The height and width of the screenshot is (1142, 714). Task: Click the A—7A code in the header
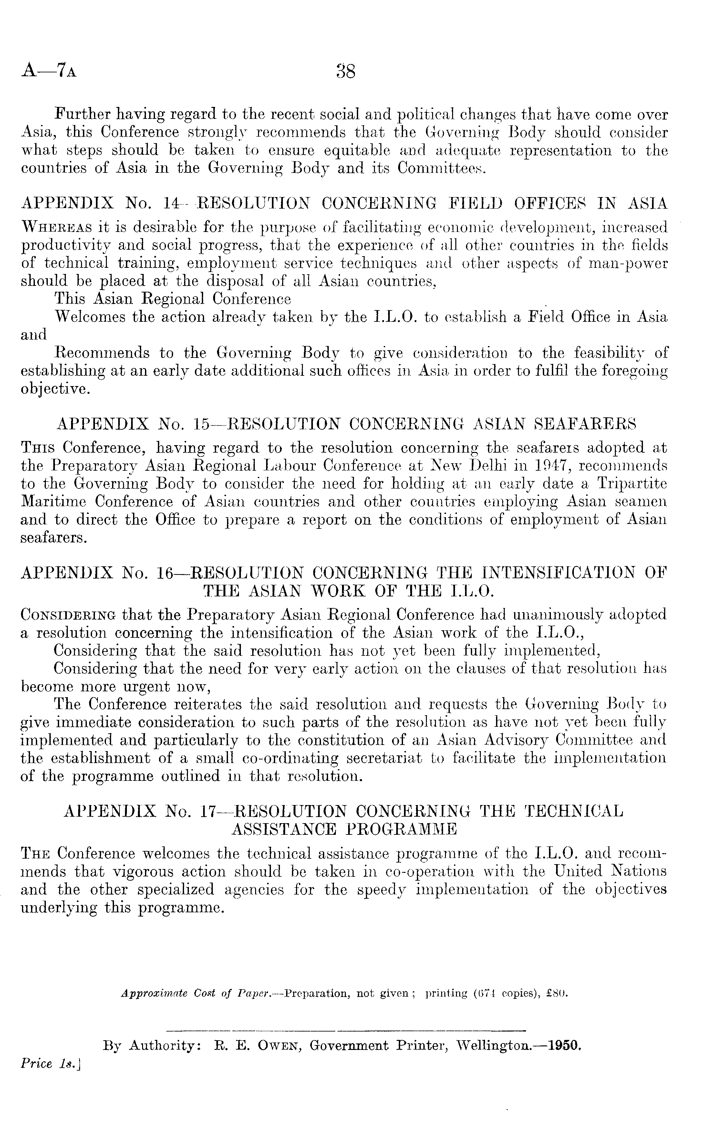coord(49,71)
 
